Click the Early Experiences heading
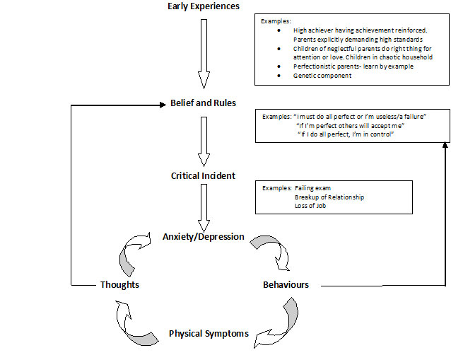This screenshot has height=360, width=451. tap(204, 7)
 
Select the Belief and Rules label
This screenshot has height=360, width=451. tap(204, 103)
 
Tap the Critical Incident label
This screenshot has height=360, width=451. tap(204, 175)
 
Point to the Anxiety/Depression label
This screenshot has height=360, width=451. tap(204, 236)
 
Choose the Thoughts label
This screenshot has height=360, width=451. tap(119, 285)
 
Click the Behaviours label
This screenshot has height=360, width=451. tap(286, 285)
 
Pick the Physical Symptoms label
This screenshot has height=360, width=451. tap(209, 334)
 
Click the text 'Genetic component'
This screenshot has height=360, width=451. tap(322, 76)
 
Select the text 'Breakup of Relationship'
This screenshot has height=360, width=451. tap(329, 197)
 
